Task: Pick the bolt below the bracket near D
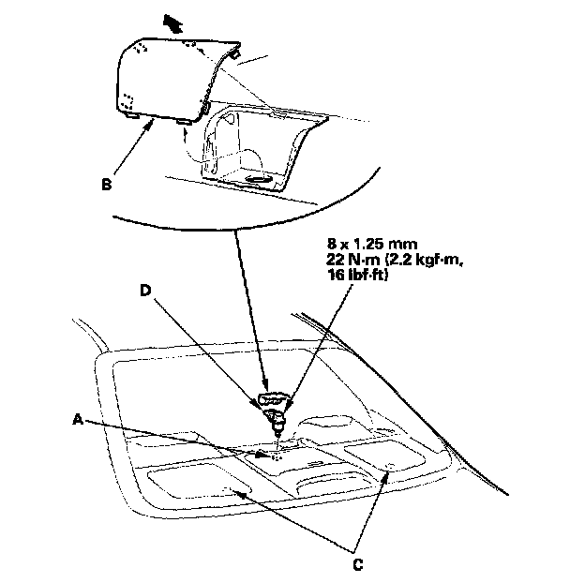pos(278,428)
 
